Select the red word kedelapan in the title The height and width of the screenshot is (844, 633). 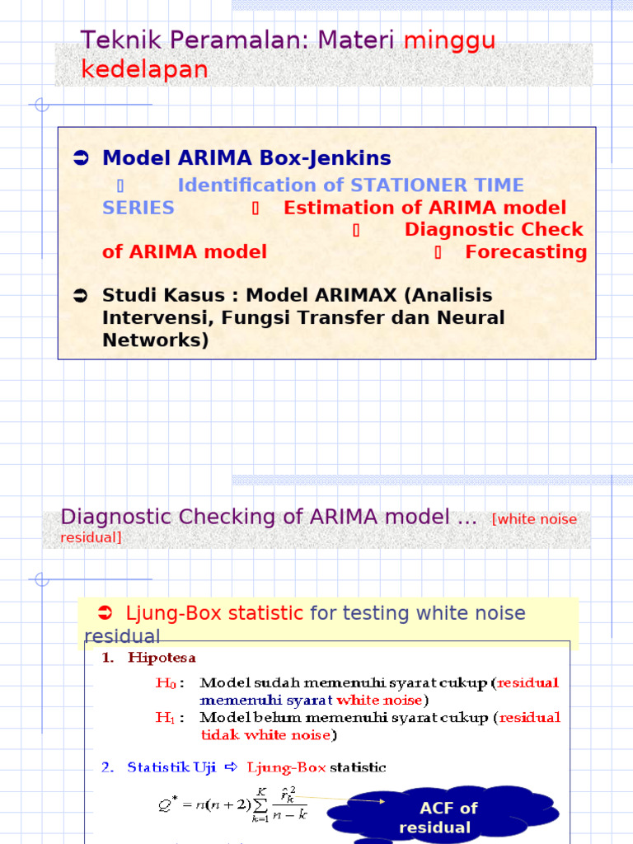(144, 70)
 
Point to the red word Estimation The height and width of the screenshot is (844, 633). (329, 208)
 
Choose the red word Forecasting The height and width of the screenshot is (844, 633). (526, 252)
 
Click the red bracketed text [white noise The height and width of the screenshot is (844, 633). (534, 519)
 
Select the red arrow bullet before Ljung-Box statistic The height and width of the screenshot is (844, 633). (105, 612)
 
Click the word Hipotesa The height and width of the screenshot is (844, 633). (162, 658)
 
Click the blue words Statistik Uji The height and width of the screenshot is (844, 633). (171, 767)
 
